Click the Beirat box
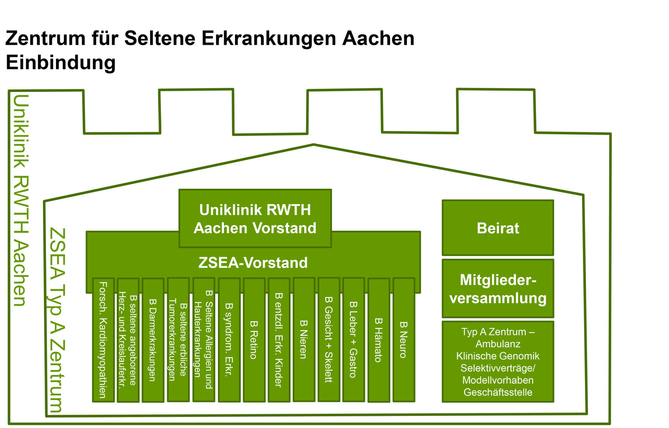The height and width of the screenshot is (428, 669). pos(498,228)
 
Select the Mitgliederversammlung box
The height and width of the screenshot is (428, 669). pos(498,289)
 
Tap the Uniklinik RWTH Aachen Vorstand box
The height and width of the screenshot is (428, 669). pos(255,218)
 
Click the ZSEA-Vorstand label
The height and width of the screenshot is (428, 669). pos(253,263)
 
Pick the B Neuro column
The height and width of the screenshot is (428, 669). pos(404,340)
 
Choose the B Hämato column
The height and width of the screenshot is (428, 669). pos(379,340)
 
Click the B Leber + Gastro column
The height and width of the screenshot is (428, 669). pos(354,340)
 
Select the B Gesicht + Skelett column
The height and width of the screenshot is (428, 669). pos(329,340)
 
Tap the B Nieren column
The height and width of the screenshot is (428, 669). pos(304,340)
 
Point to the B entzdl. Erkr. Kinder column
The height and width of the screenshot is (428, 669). pos(279,340)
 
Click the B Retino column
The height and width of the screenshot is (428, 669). pos(254,340)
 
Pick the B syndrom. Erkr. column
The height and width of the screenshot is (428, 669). pos(229,340)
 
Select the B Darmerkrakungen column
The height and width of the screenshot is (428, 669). pos(153,340)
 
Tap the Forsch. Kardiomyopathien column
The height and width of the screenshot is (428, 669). pos(103,340)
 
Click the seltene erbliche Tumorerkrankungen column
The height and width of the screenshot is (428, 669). pos(178,340)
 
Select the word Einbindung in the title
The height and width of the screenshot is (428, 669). pos(61,63)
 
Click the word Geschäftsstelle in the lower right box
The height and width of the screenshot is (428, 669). pos(498,392)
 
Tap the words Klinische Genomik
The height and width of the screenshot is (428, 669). pos(498,356)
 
